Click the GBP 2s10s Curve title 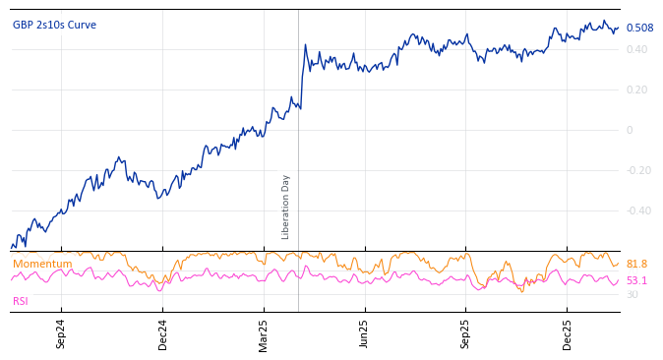[x=55, y=25]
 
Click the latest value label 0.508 [x=639, y=29]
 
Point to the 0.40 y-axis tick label [x=636, y=49]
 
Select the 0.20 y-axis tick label [x=636, y=90]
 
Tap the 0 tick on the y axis [x=630, y=130]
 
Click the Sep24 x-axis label [x=61, y=333]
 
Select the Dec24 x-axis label [x=162, y=333]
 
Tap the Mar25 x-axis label [x=264, y=333]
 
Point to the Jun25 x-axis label [x=365, y=333]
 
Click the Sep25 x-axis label [x=466, y=333]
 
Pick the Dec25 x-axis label [x=568, y=333]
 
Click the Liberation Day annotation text [x=286, y=207]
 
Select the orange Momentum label [x=42, y=264]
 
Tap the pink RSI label [x=21, y=301]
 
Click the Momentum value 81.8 [x=636, y=264]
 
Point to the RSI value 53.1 [x=636, y=280]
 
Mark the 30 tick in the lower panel [x=632, y=294]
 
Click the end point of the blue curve [x=619, y=28]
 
